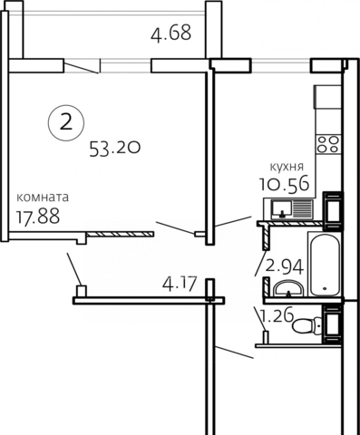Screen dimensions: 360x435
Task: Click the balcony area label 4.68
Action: pos(171,33)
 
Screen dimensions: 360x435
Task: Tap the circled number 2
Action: pos(66,122)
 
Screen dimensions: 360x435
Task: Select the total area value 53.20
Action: pos(115,149)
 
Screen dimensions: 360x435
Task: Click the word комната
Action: pos(43,198)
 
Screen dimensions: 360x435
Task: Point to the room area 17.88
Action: pos(38,216)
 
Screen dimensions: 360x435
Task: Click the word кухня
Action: pos(286,167)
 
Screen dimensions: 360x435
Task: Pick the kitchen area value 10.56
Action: pos(285,183)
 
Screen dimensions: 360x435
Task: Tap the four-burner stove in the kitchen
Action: pos(328,144)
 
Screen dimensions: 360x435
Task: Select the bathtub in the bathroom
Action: pos(325,265)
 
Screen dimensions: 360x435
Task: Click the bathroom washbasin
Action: pos(288,288)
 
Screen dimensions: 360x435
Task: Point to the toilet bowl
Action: pos(306,326)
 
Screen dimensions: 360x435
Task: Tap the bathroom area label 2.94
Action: pos(284,266)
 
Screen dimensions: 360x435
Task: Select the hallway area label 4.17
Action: pos(180,284)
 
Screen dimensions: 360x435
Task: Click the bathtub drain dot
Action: pos(325,288)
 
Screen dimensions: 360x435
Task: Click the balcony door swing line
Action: pos(82,68)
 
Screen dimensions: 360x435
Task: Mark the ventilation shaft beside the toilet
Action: pos(333,324)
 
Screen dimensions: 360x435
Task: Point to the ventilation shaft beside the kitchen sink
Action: pos(333,210)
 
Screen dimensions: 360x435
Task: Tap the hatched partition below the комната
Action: pos(120,234)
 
